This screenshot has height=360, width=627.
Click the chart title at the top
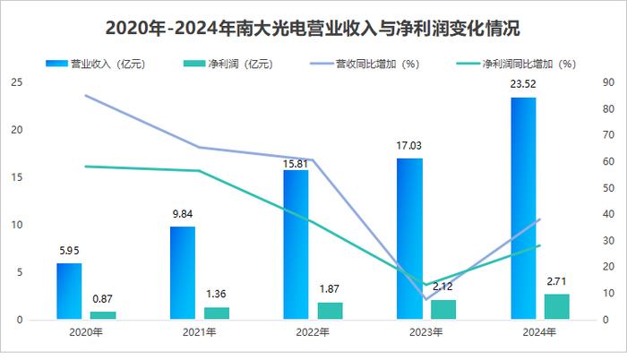coord(313,27)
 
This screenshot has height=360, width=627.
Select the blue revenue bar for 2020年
coord(69,291)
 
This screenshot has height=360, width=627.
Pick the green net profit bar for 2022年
coord(330,310)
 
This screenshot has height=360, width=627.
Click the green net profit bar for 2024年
coord(556,306)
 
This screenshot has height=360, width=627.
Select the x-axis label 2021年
coord(199,332)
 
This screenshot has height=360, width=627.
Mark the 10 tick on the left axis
coord(16,226)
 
